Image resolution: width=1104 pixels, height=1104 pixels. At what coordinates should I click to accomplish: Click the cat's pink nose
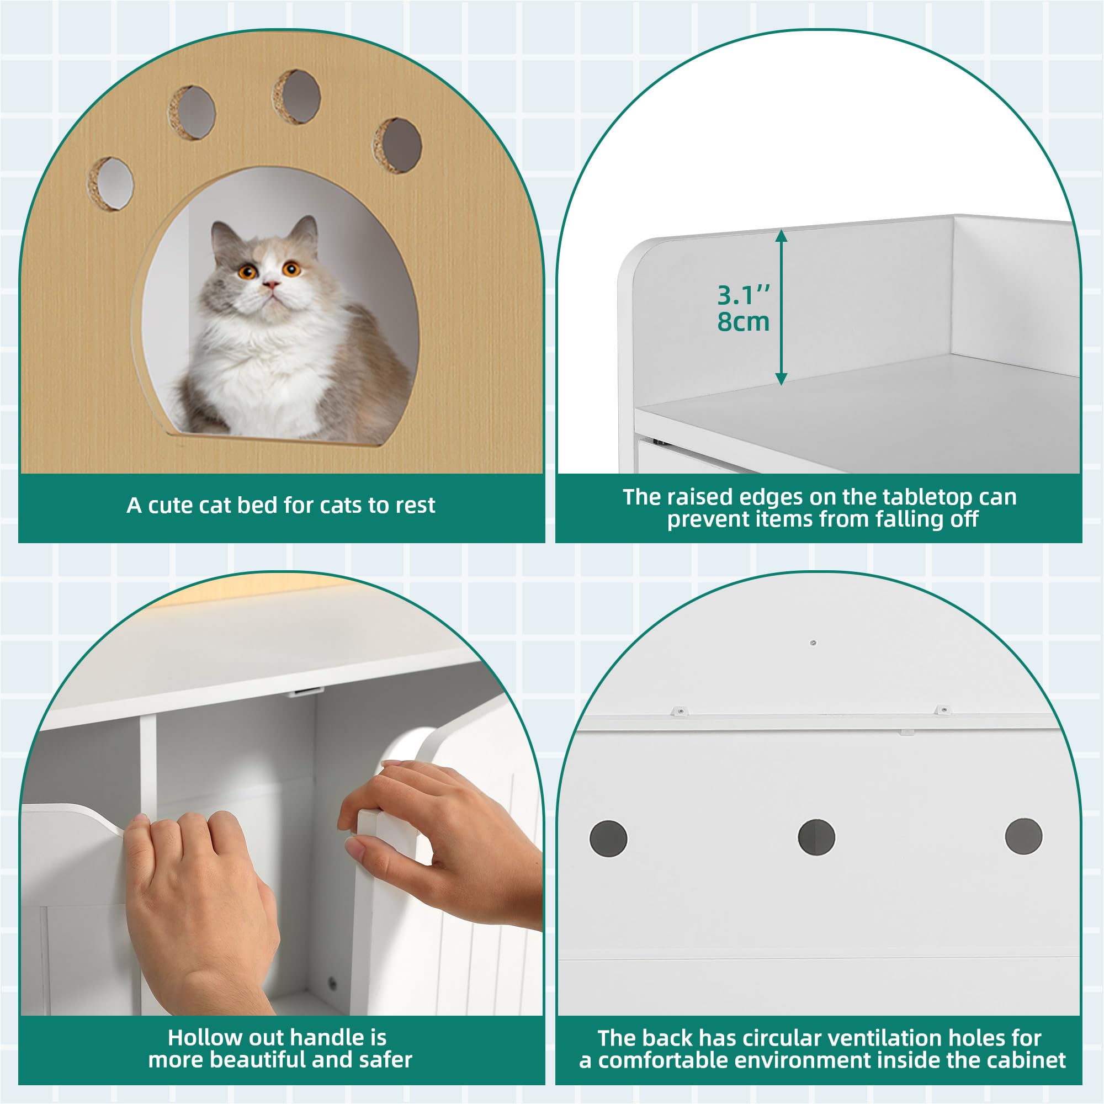click(x=271, y=284)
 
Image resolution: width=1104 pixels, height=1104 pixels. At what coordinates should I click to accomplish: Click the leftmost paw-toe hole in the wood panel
click(x=111, y=183)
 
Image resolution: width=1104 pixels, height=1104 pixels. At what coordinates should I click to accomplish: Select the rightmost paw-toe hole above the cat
click(x=399, y=145)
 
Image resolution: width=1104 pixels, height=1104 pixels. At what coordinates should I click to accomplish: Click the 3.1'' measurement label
click(x=743, y=295)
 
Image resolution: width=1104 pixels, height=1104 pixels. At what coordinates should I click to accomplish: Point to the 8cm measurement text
click(x=743, y=322)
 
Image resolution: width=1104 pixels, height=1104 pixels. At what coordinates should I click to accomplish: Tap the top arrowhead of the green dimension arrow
click(x=781, y=236)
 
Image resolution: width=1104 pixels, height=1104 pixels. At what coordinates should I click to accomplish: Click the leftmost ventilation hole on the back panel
click(x=608, y=838)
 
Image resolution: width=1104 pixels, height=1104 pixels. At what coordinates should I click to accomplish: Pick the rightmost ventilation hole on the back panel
click(x=1023, y=836)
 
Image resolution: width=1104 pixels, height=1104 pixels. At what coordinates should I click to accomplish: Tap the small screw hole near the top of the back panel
click(x=813, y=643)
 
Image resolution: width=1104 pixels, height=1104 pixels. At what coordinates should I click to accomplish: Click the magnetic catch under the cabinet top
click(x=302, y=693)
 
